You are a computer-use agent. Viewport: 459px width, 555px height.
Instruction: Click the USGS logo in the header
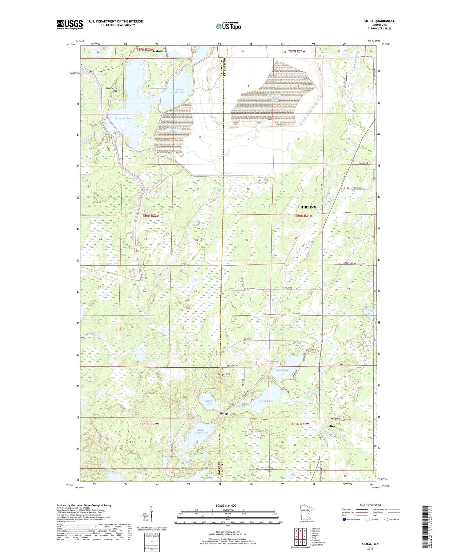tap(70, 24)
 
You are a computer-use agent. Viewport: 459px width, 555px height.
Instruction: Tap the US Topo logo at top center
tap(228, 26)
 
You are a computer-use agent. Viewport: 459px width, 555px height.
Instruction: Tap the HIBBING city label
tap(308, 207)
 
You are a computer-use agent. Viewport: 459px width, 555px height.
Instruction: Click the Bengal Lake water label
tap(209, 402)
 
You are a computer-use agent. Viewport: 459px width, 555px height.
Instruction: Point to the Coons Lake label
tap(266, 401)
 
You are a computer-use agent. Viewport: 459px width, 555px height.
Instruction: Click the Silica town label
tap(331, 426)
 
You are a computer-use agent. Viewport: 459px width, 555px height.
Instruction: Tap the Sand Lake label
tap(282, 370)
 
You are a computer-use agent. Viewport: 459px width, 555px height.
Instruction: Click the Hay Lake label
tap(150, 358)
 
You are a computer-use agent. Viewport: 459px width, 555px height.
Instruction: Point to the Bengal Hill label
tap(223, 374)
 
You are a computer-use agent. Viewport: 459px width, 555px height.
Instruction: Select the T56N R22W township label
tap(151, 216)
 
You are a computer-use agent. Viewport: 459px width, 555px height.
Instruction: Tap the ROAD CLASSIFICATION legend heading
tap(370, 505)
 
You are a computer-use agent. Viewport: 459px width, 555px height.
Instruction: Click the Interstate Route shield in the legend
tap(345, 519)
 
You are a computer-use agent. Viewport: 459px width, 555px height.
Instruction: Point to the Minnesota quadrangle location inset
tap(307, 512)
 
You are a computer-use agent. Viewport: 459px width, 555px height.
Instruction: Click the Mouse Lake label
tap(89, 319)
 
